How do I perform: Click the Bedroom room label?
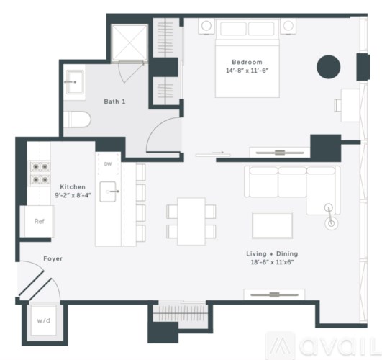[x=247, y=62]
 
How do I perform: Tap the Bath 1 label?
[x=114, y=102]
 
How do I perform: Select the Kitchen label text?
[x=73, y=186]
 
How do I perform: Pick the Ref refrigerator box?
[x=39, y=222]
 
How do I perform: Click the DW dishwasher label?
[x=108, y=164]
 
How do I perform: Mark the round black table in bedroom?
[x=329, y=67]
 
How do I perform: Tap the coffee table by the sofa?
[x=272, y=225]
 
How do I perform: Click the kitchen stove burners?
[x=39, y=174]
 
